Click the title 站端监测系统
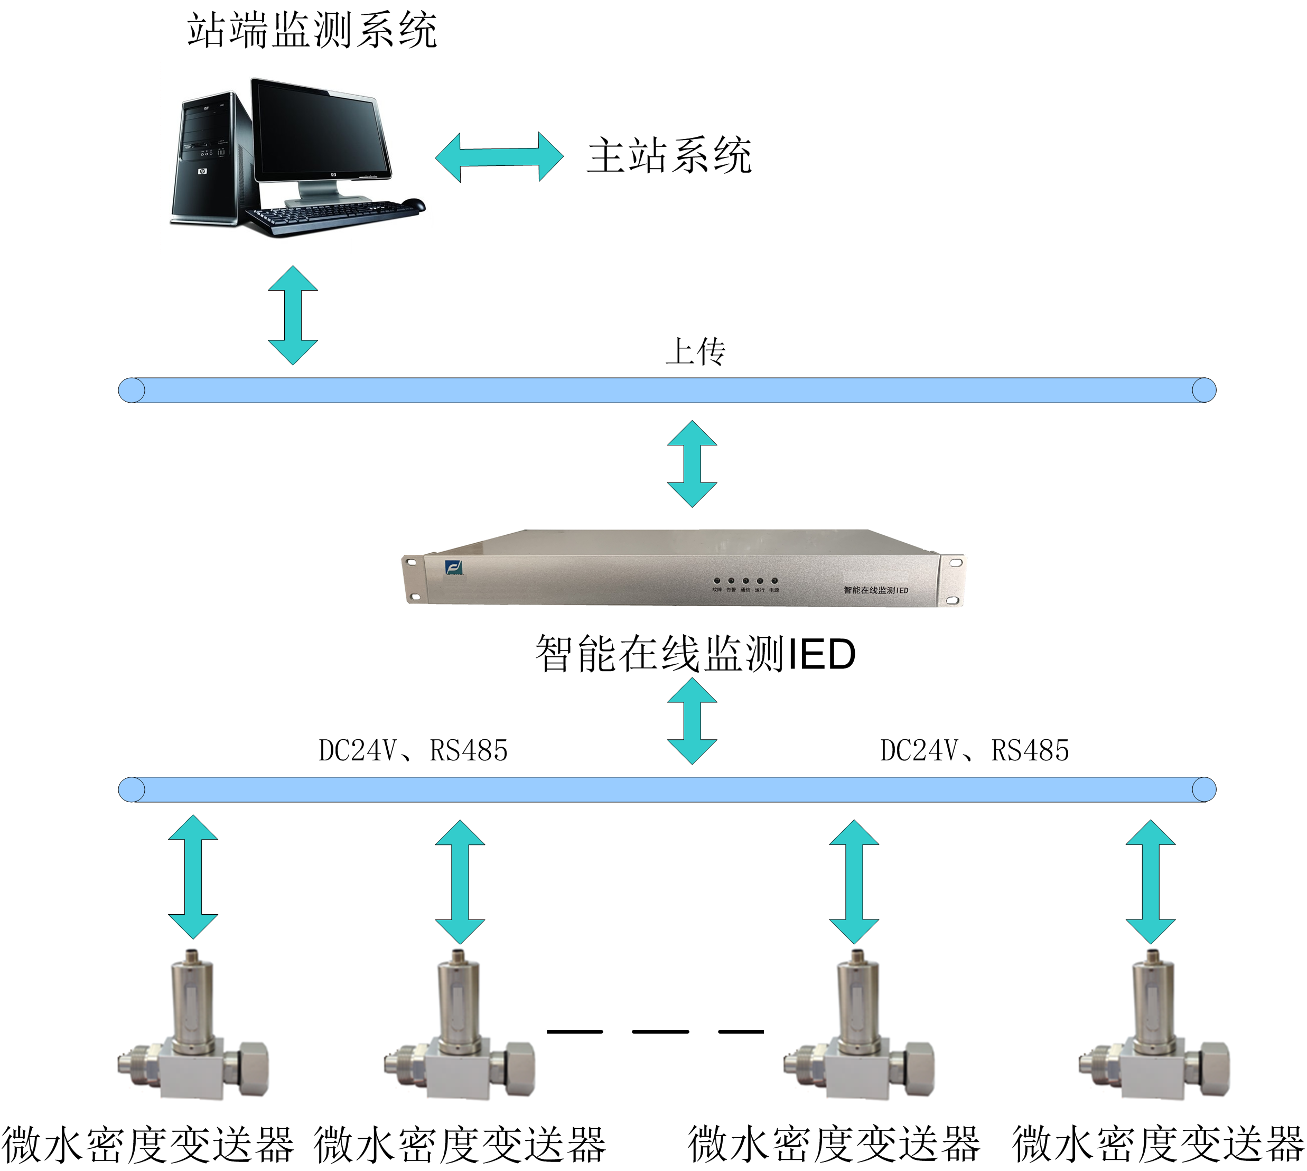point(312,30)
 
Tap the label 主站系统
point(669,156)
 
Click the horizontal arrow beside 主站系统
point(499,157)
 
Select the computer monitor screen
point(320,133)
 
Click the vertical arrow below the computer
point(293,315)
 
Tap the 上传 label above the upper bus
point(695,352)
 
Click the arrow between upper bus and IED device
point(692,463)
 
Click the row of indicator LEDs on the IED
point(745,580)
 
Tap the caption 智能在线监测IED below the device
point(695,654)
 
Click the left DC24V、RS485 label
point(413,751)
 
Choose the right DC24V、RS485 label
point(975,751)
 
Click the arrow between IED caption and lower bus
point(692,721)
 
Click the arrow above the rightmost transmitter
point(1151,881)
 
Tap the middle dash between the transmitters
point(660,1031)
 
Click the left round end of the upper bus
point(132,391)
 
